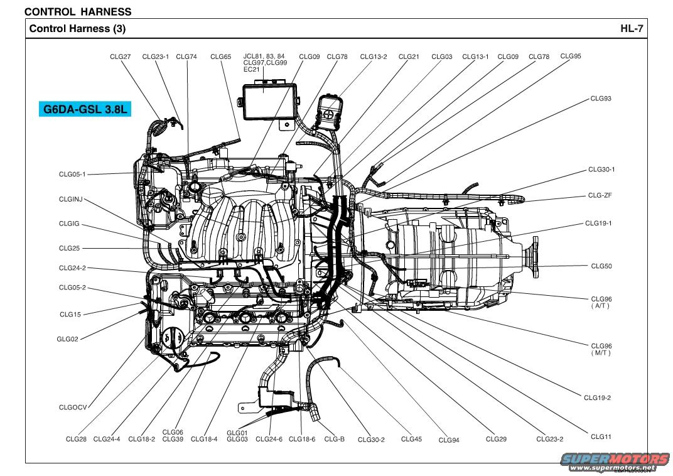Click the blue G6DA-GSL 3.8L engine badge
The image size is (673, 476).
coord(85,109)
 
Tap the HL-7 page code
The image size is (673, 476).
coord(632,28)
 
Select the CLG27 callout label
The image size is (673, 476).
coord(120,57)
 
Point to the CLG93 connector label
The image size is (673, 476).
coord(600,99)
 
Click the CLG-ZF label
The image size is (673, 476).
coord(600,195)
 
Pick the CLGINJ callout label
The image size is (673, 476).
coord(70,200)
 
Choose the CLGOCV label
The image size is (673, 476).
coord(73,408)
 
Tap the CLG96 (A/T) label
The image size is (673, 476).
coord(601,302)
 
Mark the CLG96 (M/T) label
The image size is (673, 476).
coord(601,349)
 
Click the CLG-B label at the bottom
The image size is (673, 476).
coord(334,439)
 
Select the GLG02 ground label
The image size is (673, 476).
coord(67,339)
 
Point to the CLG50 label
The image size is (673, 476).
coord(601,266)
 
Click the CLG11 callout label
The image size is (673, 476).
coord(601,436)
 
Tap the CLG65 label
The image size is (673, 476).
coord(220,57)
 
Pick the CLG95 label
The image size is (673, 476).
coord(571,56)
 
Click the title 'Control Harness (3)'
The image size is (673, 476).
coord(77,28)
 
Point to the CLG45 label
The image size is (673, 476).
coord(411,439)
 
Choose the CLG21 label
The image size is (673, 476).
coord(409,57)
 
